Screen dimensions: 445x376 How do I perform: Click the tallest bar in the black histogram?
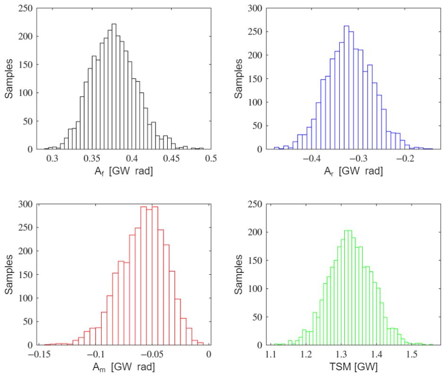(114, 87)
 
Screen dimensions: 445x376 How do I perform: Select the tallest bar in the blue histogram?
(347, 87)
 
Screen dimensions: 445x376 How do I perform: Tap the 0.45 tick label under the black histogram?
(171, 158)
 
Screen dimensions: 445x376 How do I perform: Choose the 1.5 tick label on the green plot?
(411, 354)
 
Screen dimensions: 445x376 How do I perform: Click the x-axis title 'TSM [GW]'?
(354, 367)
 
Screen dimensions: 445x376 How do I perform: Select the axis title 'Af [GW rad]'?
(124, 171)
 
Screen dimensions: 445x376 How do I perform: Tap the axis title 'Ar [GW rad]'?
(353, 171)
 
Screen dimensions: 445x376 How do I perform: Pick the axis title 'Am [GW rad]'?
(124, 367)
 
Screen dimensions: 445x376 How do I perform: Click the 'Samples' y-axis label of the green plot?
(239, 274)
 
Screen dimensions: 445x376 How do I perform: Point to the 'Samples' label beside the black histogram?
(9, 79)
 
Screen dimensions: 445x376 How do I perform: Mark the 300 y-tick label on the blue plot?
(255, 8)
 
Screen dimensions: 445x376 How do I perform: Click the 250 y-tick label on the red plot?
(26, 227)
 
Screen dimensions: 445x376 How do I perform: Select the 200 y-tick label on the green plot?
(255, 232)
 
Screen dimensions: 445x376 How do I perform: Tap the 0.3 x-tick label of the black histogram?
(52, 158)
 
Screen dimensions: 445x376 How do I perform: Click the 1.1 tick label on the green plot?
(271, 354)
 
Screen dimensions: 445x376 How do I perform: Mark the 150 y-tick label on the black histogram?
(26, 64)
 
